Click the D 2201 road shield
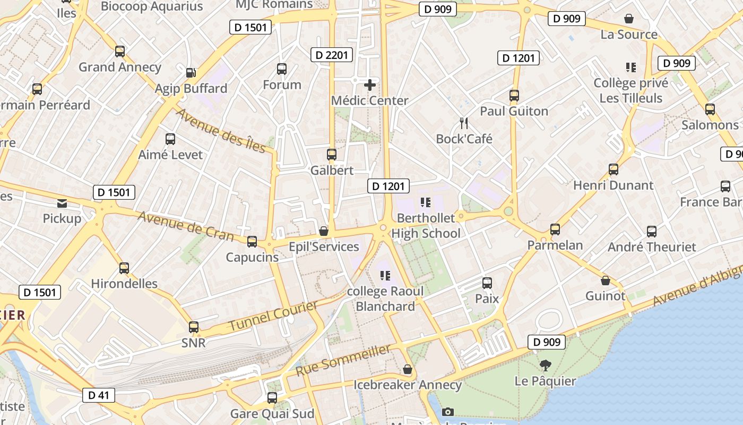click(x=332, y=55)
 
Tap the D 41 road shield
click(x=99, y=395)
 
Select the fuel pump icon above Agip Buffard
click(x=191, y=72)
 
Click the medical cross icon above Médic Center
click(x=370, y=84)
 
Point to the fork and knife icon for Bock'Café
click(x=464, y=123)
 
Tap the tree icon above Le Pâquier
click(x=545, y=365)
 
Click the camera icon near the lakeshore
click(x=448, y=412)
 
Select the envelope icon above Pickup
click(x=62, y=203)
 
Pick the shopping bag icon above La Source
click(x=629, y=19)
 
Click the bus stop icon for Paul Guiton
click(x=514, y=96)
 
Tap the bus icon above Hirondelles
click(x=124, y=268)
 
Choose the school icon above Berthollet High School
click(x=426, y=202)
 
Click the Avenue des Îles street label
click(x=221, y=130)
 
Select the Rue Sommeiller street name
click(x=343, y=360)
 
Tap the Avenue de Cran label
click(x=185, y=225)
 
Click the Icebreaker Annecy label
click(x=408, y=385)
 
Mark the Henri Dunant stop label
click(x=613, y=185)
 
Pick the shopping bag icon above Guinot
click(x=606, y=280)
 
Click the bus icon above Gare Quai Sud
click(x=272, y=397)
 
